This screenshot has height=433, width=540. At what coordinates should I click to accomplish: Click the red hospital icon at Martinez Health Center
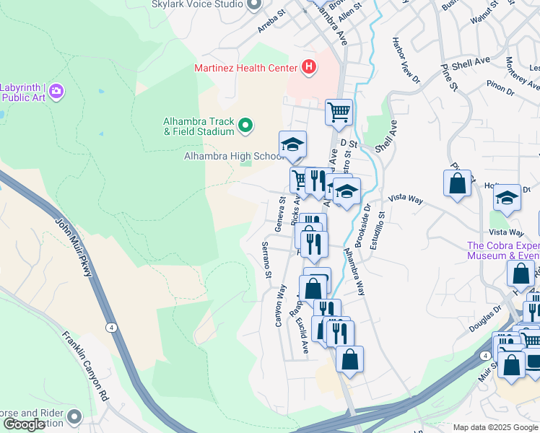click(x=309, y=68)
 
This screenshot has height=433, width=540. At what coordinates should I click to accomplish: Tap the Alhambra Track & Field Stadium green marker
click(x=245, y=126)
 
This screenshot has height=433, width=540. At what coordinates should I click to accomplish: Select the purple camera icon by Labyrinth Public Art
click(x=56, y=92)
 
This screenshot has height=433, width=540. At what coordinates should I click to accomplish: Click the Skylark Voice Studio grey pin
click(x=253, y=4)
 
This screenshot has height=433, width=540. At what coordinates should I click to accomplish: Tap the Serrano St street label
click(x=266, y=261)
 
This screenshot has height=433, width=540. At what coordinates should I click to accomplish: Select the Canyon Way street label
click(x=280, y=305)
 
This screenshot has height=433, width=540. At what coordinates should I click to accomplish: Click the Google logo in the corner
click(x=24, y=424)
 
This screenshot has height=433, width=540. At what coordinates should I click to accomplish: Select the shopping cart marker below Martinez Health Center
click(x=339, y=113)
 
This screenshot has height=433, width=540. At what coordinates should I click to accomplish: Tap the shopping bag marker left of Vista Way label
click(x=457, y=183)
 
